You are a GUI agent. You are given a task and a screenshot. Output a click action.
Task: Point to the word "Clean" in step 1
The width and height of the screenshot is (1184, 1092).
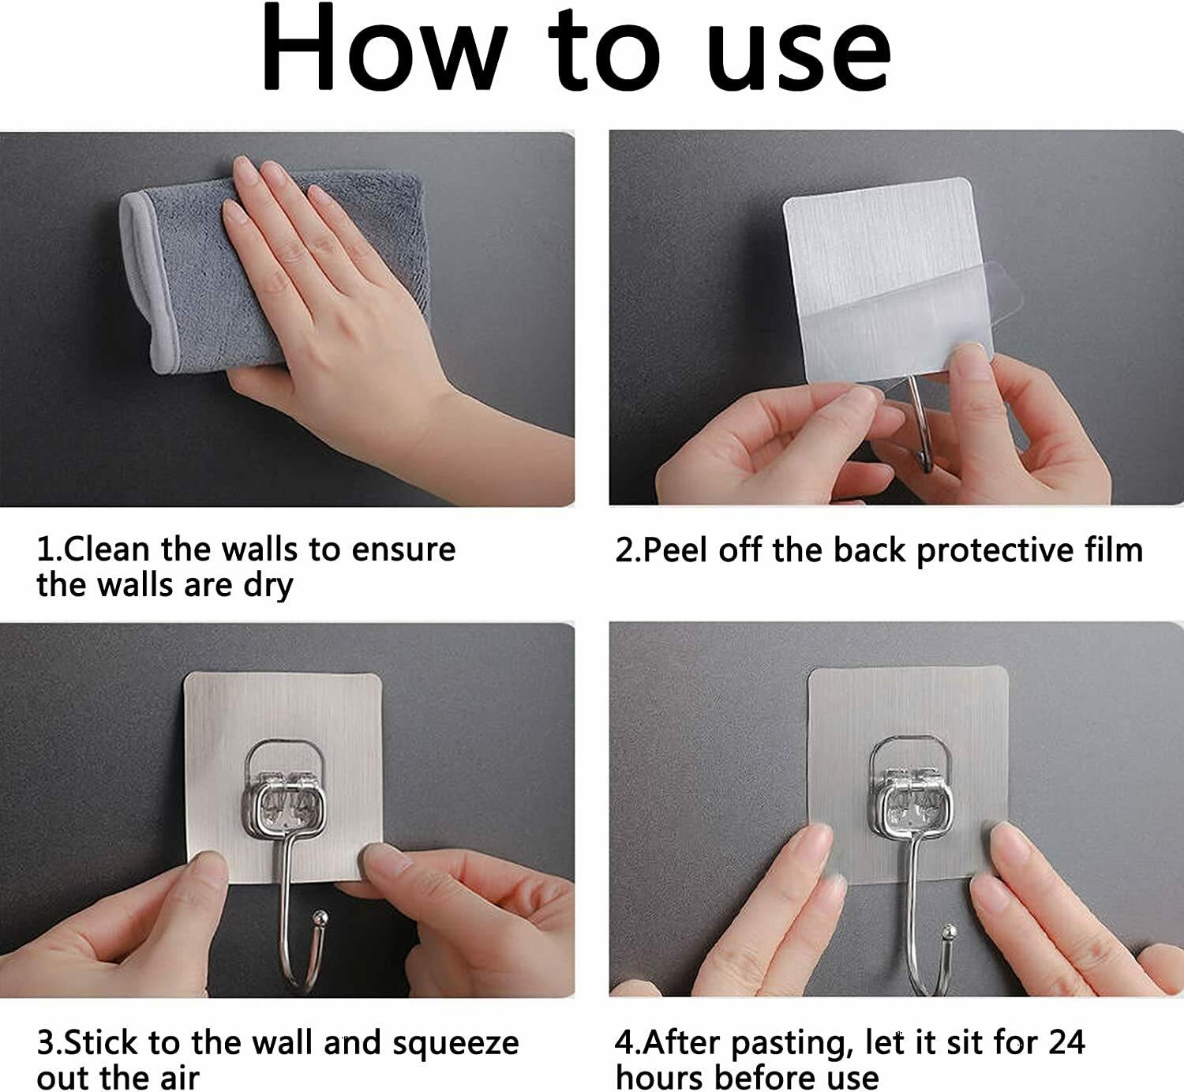click(x=106, y=549)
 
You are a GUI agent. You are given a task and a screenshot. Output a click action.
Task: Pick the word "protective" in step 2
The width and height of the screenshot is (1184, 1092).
click(x=995, y=551)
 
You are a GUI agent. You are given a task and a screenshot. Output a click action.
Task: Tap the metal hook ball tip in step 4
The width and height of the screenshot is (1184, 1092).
click(x=949, y=933)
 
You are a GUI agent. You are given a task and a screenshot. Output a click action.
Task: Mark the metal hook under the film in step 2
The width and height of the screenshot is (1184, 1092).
click(x=920, y=424)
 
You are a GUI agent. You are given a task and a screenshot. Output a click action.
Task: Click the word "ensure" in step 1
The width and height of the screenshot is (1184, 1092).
click(x=403, y=550)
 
